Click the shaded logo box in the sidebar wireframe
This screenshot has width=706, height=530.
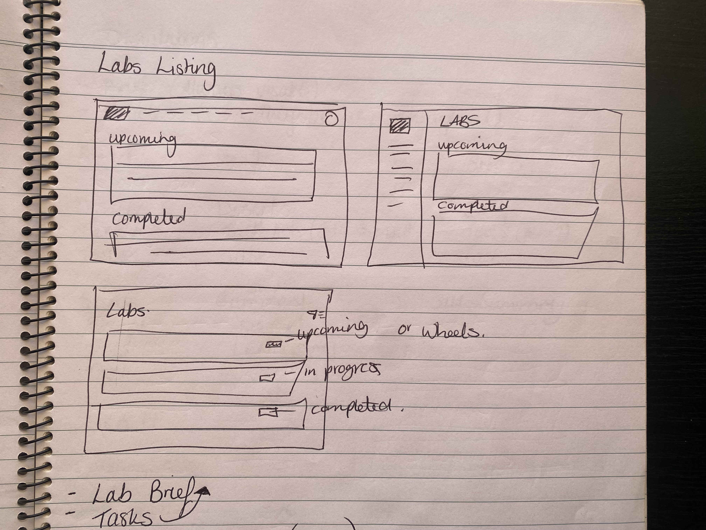400,125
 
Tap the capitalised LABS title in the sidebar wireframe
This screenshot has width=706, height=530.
460,121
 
